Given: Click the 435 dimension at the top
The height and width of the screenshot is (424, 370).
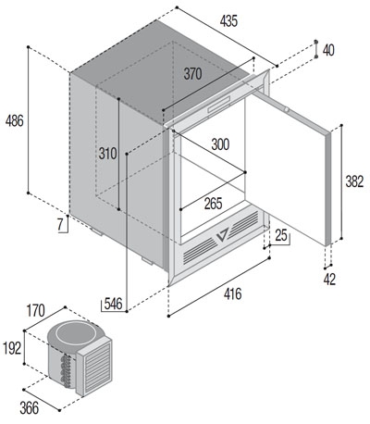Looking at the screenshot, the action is coord(228,21).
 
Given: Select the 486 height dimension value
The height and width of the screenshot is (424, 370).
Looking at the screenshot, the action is coord(14,120).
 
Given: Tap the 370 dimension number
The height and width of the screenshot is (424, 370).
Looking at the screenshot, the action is coord(192,74).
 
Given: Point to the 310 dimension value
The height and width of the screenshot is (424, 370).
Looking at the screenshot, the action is coord(107,154).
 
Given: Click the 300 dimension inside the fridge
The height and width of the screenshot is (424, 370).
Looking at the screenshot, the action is coord(220,144).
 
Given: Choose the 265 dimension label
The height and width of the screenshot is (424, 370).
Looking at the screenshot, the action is coord(213,204).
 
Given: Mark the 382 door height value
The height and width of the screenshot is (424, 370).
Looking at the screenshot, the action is coord(354,181).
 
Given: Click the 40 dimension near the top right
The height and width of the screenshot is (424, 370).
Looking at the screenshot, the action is coord(328,50).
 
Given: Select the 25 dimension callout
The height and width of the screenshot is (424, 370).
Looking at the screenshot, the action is coord(281,236).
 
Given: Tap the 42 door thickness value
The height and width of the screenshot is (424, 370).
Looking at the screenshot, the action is coord(329,280).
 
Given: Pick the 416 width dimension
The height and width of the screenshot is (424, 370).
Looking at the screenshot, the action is coord(232,293).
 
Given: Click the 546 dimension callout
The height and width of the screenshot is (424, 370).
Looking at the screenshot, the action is coord(113,304).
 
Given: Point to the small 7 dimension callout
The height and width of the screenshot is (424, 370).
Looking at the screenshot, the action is coord(61,224).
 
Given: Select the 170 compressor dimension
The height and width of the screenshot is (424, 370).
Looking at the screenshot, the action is coord(36,311).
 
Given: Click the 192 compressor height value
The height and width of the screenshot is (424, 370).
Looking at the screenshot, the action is coord(12,348).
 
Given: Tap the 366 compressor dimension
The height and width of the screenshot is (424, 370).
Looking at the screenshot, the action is coord(30,408).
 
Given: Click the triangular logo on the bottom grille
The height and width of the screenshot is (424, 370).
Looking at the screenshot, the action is coord(222,235).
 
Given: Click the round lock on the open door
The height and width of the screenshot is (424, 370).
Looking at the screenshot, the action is coord(287,109).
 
